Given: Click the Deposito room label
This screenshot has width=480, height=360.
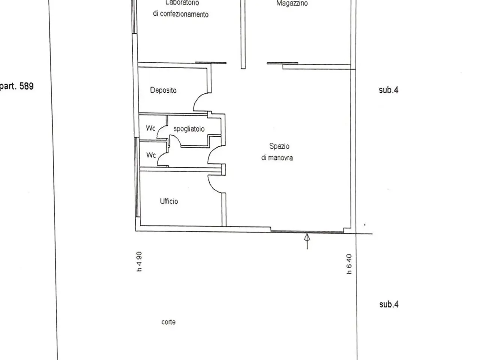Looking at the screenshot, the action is pyautogui.click(x=163, y=90).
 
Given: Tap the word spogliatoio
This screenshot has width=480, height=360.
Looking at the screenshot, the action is pyautogui.click(x=189, y=129).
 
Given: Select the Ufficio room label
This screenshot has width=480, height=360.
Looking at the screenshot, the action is pyautogui.click(x=169, y=201).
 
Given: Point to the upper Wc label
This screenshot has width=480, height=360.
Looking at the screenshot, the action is pyautogui.click(x=150, y=128).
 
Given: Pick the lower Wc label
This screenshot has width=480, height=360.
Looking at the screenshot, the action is pyautogui.click(x=151, y=155).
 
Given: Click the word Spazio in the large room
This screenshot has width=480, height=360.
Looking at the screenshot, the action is pyautogui.click(x=279, y=146).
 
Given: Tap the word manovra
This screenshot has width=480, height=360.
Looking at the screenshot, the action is pyautogui.click(x=280, y=157).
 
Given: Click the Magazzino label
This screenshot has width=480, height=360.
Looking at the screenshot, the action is pyautogui.click(x=292, y=3).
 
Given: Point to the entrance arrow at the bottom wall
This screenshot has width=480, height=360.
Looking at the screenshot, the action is pyautogui.click(x=307, y=241).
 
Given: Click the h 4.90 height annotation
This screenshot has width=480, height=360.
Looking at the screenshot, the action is pyautogui.click(x=139, y=262).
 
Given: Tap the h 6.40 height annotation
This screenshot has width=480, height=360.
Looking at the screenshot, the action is pyautogui.click(x=349, y=264).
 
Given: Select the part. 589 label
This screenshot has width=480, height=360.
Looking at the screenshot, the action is pyautogui.click(x=16, y=86).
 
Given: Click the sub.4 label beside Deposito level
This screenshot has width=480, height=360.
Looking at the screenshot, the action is pyautogui.click(x=388, y=90).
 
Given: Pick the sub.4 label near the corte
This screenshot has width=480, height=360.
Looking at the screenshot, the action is pyautogui.click(x=389, y=304).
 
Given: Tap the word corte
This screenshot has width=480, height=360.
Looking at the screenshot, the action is pyautogui.click(x=168, y=322).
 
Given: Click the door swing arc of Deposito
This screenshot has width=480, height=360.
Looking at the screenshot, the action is pyautogui.click(x=196, y=98).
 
